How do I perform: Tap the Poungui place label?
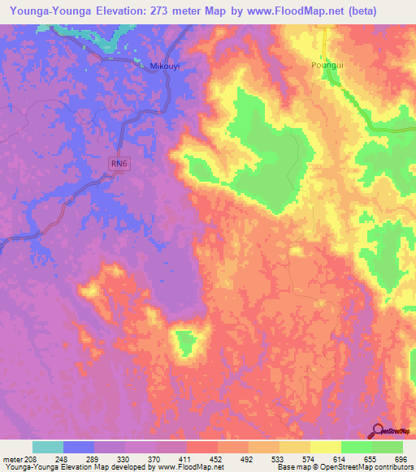click(328, 65)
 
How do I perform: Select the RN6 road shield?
click(119, 163)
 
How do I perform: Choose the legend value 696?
click(399, 458)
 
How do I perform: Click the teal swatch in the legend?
click(48, 447)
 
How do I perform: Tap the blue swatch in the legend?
click(79, 447)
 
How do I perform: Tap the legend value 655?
click(370, 458)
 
